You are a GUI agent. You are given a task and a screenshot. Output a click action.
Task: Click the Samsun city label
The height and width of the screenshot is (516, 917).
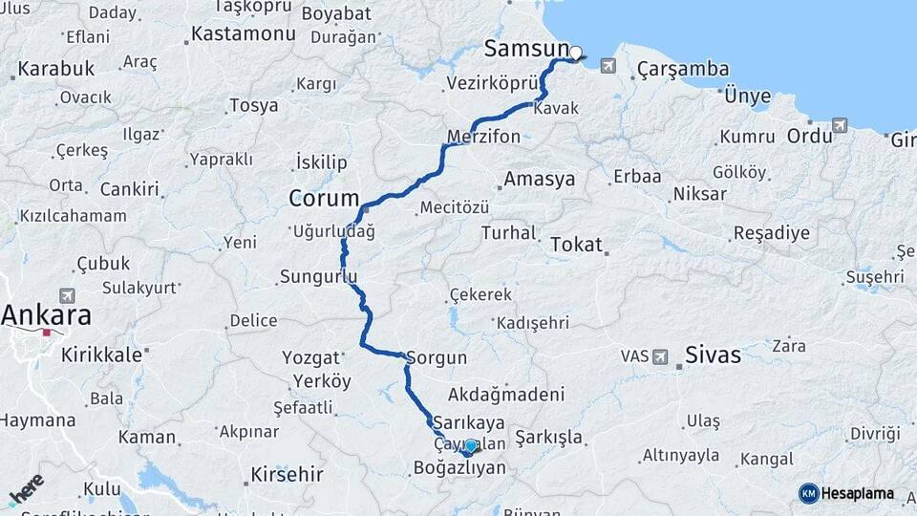[525, 49]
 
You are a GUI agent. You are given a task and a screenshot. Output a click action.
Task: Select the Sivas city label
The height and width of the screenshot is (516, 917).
[713, 355]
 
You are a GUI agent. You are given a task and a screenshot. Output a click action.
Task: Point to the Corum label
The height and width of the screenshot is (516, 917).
[322, 200]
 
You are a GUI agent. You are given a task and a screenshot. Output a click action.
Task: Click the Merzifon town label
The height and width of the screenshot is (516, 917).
[484, 137]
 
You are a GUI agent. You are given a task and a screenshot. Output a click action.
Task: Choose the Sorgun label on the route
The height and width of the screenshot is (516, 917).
[437, 358]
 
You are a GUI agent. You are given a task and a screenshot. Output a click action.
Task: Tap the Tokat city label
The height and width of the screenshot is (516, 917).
[576, 245]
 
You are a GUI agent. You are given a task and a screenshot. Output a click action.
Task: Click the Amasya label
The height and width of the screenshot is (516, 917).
[540, 179]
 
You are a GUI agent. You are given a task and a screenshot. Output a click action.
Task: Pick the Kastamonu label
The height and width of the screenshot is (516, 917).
[243, 33]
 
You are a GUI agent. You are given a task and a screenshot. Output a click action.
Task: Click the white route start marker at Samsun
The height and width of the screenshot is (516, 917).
[576, 53]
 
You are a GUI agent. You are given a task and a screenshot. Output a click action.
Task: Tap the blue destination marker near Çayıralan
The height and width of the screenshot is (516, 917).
[470, 446]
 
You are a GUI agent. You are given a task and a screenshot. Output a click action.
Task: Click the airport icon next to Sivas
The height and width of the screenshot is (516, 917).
[660, 356]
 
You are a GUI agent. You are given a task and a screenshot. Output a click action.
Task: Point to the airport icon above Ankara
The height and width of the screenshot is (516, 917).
[67, 296]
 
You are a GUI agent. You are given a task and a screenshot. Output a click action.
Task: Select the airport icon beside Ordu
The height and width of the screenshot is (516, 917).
[840, 125]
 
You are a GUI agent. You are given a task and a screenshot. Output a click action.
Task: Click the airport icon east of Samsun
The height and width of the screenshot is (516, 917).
[608, 66]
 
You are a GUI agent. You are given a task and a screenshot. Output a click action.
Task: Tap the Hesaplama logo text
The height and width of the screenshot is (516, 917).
[857, 493]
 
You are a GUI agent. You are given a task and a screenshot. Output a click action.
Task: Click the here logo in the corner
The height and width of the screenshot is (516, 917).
[26, 489]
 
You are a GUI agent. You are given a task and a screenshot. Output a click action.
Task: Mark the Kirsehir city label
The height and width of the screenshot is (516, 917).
[287, 474]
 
